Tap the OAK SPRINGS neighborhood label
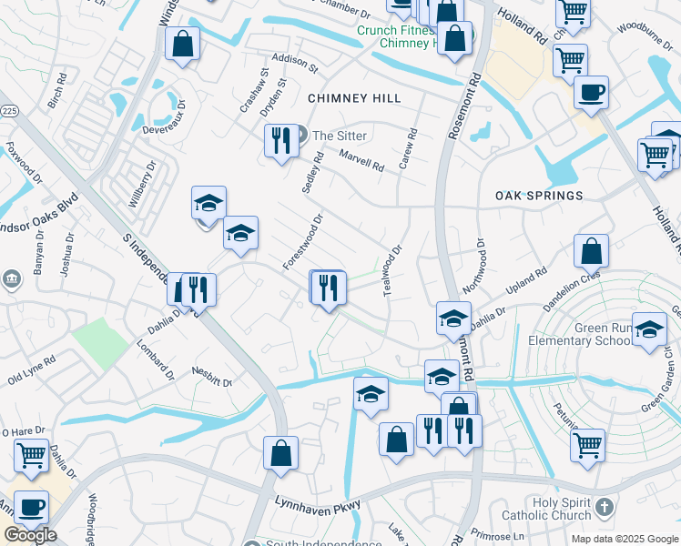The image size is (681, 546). tap(538, 196)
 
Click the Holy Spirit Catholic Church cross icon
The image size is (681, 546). tap(604, 505)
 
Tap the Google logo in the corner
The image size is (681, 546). tap(30, 535)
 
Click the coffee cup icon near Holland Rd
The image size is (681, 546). tap(591, 93)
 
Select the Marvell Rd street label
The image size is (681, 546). tap(361, 161)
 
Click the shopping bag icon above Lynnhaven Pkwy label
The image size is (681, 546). tap(281, 451)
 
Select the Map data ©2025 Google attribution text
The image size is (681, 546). tap(625, 539)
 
